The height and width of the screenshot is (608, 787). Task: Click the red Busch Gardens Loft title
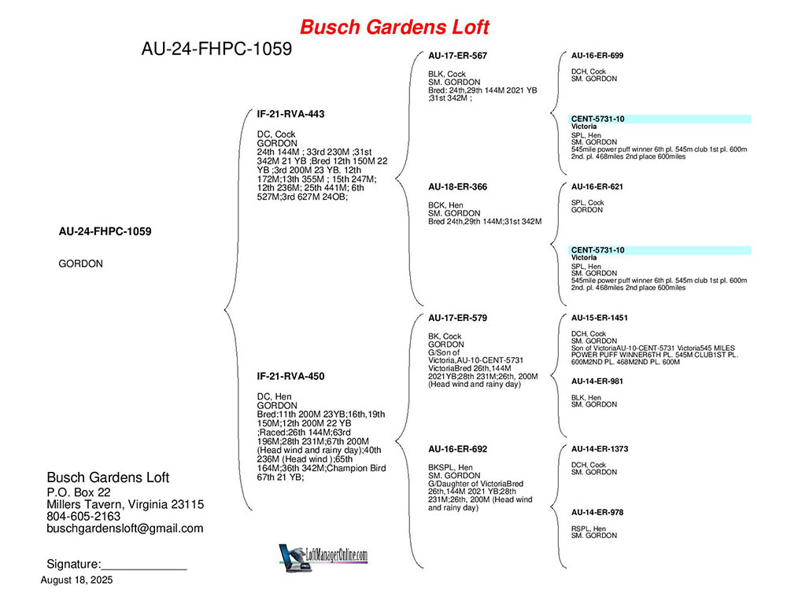[394, 27]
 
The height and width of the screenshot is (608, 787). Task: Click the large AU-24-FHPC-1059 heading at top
[217, 49]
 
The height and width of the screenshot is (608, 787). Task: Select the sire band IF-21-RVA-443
[290, 114]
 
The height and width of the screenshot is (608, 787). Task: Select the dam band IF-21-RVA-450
[290, 376]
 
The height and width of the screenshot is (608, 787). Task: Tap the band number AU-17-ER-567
[458, 56]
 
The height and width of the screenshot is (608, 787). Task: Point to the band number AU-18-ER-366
[458, 186]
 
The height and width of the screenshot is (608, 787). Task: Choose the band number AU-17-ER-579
[458, 318]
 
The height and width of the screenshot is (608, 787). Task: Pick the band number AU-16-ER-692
[458, 449]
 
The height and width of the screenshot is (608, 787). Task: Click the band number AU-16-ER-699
[597, 56]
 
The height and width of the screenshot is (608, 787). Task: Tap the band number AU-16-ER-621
[597, 186]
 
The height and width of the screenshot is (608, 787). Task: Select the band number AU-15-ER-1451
[599, 318]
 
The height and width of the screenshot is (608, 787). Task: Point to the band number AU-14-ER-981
[597, 381]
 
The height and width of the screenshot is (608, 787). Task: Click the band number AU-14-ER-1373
[600, 449]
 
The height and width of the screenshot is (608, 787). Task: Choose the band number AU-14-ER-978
[597, 512]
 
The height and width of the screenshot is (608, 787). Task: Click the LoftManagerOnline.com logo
[323, 557]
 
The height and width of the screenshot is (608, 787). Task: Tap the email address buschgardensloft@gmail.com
[125, 529]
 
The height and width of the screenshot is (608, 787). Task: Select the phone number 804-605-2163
[83, 516]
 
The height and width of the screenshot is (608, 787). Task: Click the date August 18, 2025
[77, 580]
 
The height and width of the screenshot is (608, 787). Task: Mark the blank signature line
[144, 569]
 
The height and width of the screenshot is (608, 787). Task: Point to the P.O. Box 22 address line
[78, 492]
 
